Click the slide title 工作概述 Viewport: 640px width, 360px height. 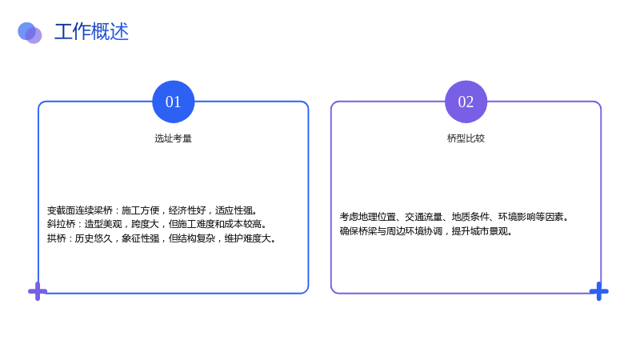coord(91,32)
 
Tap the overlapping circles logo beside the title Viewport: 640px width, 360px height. coord(30,33)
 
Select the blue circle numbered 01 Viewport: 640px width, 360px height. coord(174,102)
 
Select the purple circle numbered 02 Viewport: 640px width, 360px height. coord(466,102)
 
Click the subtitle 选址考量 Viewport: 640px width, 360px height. coord(173,138)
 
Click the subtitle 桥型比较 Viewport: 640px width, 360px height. coord(466,138)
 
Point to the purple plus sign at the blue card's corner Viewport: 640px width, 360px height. coord(38,291)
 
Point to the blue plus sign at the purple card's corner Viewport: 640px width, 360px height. coord(598,291)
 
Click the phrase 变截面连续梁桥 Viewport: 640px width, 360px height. coord(79,210)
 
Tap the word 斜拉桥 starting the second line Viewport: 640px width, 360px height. coord(62,224)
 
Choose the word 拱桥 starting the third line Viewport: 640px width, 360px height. coord(56,238)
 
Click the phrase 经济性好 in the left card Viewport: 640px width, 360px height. coord(187,210)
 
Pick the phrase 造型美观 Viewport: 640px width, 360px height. coord(103,224)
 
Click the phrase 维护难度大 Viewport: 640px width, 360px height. coord(248,238)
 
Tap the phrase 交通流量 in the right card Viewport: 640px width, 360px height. coord(424,217)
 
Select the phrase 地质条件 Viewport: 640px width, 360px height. coord(470,217)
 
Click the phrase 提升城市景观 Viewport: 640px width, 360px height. coord(479,231)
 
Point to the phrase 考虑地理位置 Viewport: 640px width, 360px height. coord(368,217)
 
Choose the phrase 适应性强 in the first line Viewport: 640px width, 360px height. coord(234,210)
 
